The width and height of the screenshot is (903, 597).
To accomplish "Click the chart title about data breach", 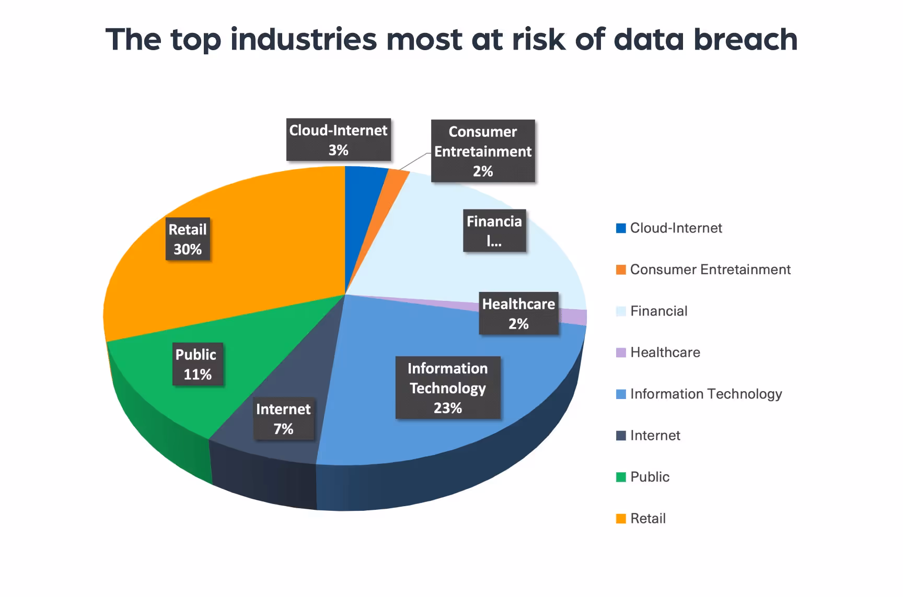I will coord(451,40).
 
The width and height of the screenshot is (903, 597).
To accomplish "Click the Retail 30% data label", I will coord(188,239).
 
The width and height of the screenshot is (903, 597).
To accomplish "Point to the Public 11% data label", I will coord(198,364).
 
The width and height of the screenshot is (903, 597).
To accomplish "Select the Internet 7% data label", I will coord(284,419).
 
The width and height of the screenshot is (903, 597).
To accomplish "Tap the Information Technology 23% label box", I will coord(448,388).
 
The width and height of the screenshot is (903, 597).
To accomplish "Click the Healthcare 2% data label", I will coord(518,313).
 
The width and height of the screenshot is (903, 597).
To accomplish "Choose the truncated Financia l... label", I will coord(494,230).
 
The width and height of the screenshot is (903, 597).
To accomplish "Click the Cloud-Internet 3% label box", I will coord(339,140).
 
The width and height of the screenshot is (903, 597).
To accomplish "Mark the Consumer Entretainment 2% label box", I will coord(483,151).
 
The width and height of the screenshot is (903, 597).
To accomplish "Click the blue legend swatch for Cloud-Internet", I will coord(621,228).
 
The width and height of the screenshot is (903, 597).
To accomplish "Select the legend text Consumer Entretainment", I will coord(710,270).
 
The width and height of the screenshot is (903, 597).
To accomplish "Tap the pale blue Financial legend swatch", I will coord(621,311).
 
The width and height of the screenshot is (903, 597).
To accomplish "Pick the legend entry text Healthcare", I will coord(665,353).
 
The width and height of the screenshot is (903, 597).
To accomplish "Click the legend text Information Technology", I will coord(705,394).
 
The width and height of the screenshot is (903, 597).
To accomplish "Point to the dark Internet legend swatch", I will coord(621,436).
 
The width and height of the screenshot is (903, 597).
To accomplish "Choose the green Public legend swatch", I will coord(621,477).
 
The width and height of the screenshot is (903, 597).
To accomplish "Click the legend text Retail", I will coord(647,519).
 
